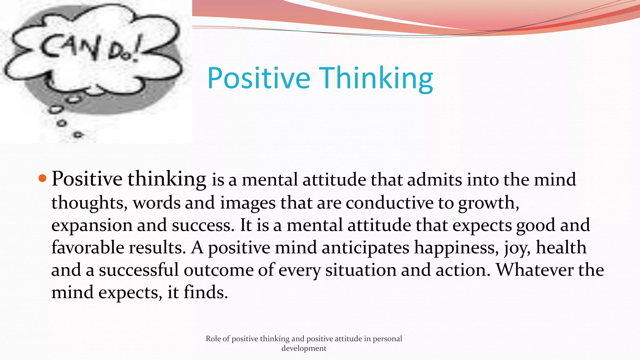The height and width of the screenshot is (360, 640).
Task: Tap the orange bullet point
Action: (42, 179)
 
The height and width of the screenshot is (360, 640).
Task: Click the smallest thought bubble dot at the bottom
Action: (78, 135)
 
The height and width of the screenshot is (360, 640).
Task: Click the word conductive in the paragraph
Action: (389, 202)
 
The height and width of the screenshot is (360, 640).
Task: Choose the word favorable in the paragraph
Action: (87, 247)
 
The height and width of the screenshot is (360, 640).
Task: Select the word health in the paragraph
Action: (561, 247)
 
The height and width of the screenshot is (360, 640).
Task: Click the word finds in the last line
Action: (205, 292)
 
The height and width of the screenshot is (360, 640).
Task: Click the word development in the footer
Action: (304, 348)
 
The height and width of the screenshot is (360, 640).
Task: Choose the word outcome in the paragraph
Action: (218, 270)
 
